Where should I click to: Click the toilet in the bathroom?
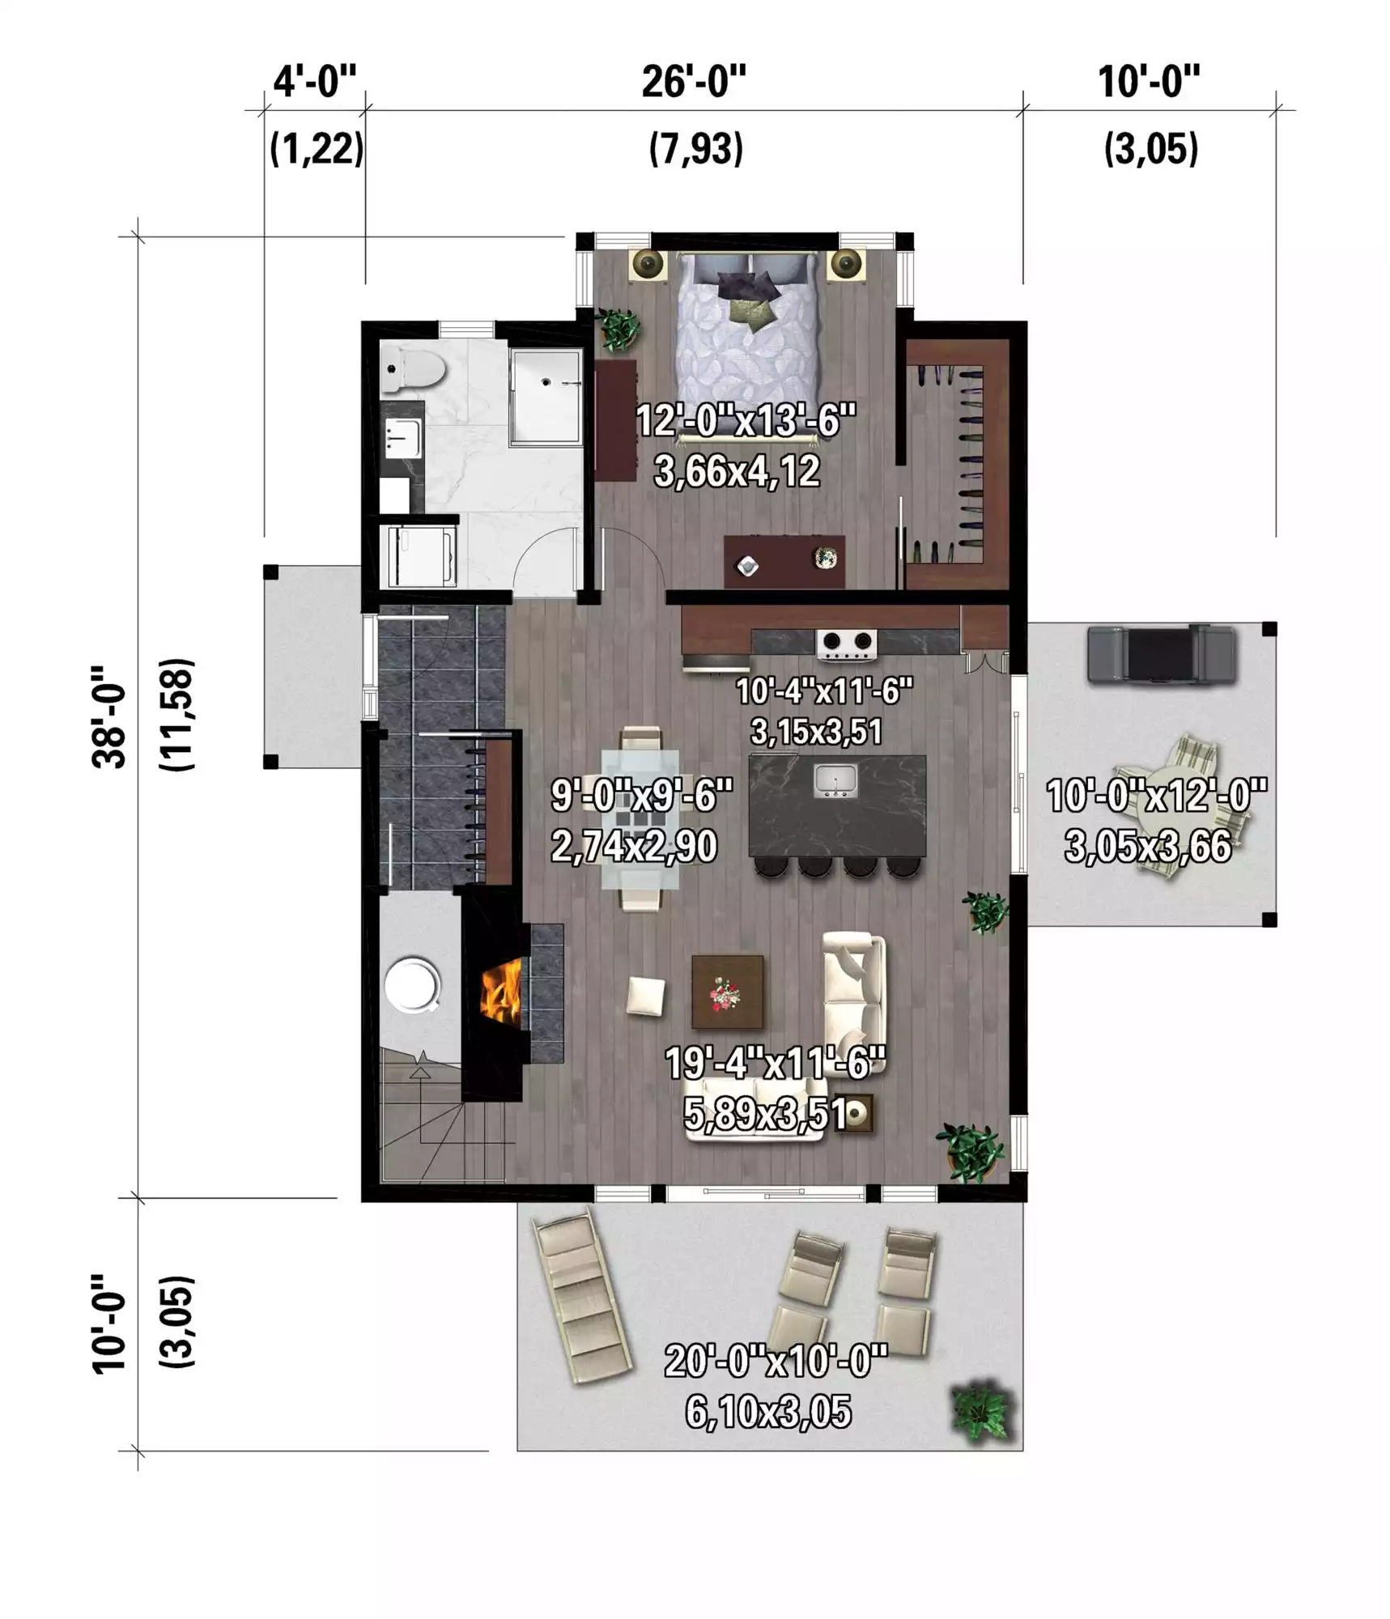tap(413, 371)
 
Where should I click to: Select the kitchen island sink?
tap(835, 780)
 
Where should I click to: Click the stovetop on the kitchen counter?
tap(847, 643)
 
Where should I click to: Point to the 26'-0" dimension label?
tap(694, 82)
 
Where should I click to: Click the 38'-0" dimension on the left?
tap(109, 717)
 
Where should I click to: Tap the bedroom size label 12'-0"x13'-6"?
tap(746, 421)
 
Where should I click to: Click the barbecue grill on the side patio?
tap(1162, 655)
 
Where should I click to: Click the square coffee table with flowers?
tap(727, 992)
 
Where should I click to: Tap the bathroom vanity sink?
tap(402, 437)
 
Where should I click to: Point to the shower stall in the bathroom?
tap(546, 397)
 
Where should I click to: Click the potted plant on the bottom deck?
tap(982, 1411)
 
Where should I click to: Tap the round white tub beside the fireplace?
tap(412, 986)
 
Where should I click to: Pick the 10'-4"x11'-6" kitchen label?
tap(823, 691)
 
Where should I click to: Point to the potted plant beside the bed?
tap(618, 329)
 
